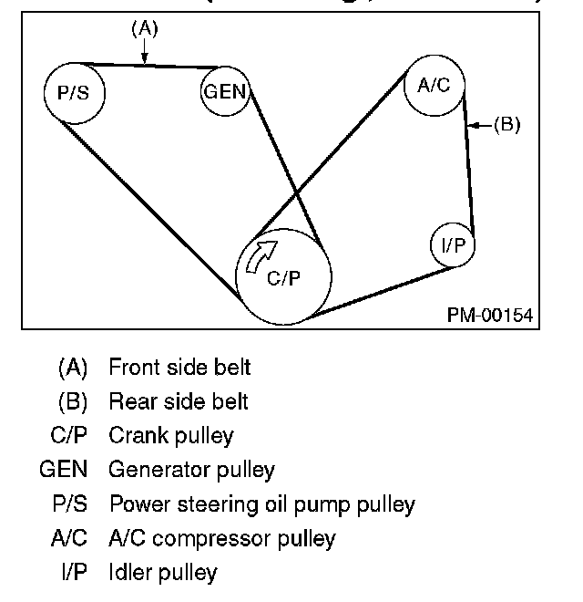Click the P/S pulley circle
click(75, 92)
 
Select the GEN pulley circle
click(225, 91)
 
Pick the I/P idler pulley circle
click(453, 244)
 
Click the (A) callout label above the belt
click(144, 29)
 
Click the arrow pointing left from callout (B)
click(480, 124)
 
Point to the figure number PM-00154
click(489, 315)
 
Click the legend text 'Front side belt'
click(179, 368)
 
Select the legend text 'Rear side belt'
click(178, 401)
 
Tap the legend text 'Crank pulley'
click(171, 436)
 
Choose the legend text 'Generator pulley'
click(191, 471)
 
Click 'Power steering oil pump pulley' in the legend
click(261, 504)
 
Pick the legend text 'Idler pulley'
click(163, 573)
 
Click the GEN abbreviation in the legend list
click(64, 471)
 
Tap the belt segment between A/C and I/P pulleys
click(470, 173)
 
